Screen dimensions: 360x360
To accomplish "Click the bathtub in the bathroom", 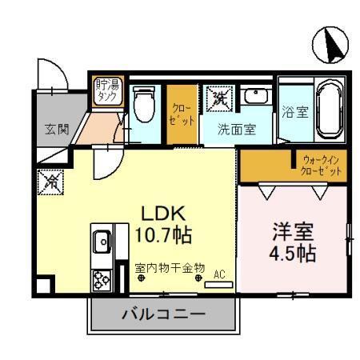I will [x=329, y=109].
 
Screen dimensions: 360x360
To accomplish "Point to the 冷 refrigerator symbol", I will [x=49, y=182].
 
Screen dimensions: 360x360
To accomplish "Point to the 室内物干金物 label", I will [x=170, y=267].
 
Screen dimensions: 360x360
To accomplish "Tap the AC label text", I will [x=219, y=274].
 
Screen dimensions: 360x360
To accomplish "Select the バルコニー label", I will [x=163, y=314].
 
